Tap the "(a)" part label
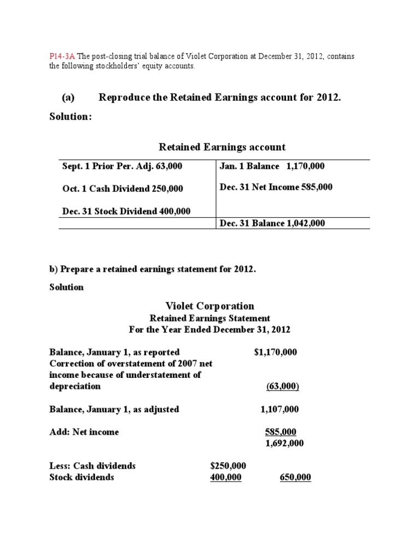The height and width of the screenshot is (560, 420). (x=68, y=97)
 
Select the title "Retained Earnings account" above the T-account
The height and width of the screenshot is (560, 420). (x=222, y=147)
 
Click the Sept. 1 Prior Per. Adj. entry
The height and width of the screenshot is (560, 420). (x=121, y=166)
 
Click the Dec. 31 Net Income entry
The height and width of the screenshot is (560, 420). (x=276, y=187)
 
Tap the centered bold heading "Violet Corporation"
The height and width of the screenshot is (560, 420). (x=209, y=306)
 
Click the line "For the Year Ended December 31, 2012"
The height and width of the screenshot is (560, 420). (x=209, y=330)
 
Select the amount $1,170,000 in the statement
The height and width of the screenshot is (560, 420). (x=276, y=352)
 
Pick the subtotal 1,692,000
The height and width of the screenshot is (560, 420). (x=284, y=444)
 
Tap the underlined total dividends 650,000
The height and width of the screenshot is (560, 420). (x=295, y=477)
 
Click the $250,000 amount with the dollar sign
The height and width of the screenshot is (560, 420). (x=228, y=466)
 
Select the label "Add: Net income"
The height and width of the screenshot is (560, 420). (x=84, y=432)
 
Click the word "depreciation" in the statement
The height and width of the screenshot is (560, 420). (x=75, y=386)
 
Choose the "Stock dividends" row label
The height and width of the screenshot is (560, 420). (x=82, y=477)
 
